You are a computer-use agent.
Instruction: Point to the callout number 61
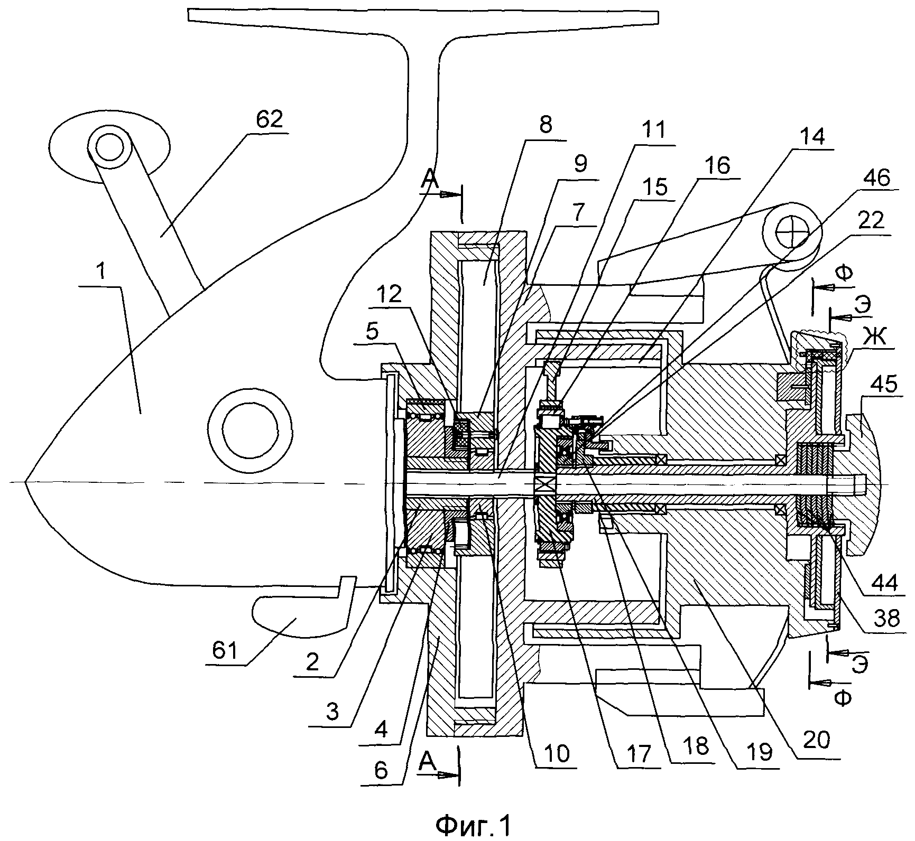[224, 650]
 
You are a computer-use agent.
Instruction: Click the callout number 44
[884, 583]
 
